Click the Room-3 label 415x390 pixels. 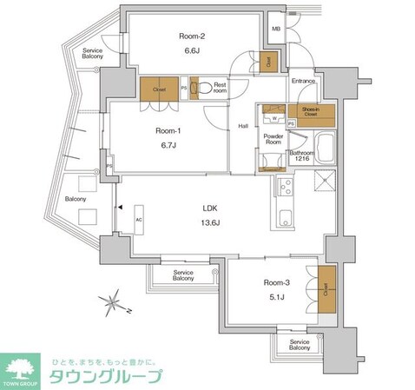click(276, 282)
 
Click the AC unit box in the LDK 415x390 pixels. click(138, 219)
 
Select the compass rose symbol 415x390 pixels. click(112, 303)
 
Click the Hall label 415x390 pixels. click(244, 127)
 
